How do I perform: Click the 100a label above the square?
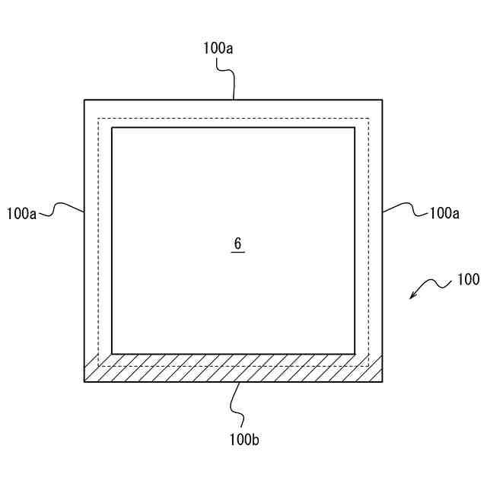tap(218, 48)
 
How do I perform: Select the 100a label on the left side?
tap(21, 214)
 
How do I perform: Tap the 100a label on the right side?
tap(444, 214)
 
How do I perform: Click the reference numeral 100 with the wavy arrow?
tap(468, 279)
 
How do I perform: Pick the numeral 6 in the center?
tap(237, 243)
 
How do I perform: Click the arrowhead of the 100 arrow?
tap(412, 297)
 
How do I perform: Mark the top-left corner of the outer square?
tap(84, 100)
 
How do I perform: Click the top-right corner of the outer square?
tap(382, 100)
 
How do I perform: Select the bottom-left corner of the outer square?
tap(84, 381)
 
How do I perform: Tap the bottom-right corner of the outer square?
tap(382, 381)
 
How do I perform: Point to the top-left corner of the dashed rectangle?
tap(98, 118)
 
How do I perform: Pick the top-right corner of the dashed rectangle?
tap(368, 118)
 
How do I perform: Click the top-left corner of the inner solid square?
tap(112, 128)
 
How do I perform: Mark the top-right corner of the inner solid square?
tap(355, 128)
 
